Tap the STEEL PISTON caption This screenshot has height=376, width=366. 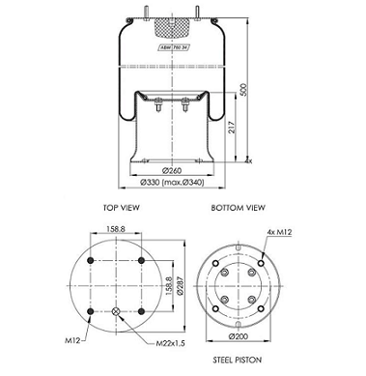pos(238,358)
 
